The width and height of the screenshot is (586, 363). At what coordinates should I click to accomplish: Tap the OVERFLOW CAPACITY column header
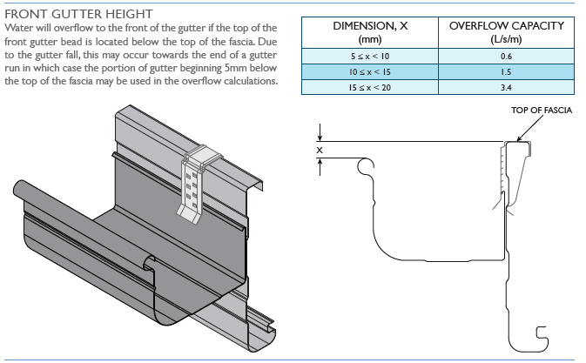click(x=506, y=32)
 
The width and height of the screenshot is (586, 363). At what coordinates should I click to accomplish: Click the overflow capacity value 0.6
click(x=506, y=56)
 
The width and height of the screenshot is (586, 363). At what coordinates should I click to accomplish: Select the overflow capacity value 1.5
click(x=506, y=71)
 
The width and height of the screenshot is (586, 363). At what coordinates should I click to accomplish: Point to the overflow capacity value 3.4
click(x=506, y=86)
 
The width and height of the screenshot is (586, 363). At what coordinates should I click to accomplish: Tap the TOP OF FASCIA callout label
click(x=541, y=110)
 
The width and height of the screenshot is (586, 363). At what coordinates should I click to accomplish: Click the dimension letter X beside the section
click(x=320, y=150)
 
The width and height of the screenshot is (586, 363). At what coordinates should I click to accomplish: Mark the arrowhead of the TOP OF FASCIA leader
click(x=521, y=137)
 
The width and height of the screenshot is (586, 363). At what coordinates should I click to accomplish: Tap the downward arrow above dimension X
click(x=320, y=135)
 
